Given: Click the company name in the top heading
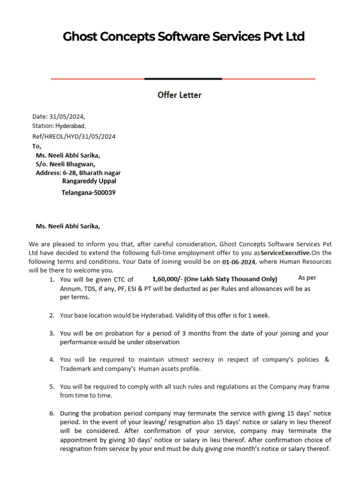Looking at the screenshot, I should pos(183,37).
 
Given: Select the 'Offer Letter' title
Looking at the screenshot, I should pos(180,95).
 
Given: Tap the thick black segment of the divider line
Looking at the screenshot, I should pos(183,79).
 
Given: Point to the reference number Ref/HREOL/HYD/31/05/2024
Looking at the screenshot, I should pos(74,136).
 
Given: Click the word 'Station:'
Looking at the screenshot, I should pos(43,126).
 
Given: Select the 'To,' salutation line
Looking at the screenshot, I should pos(37,146).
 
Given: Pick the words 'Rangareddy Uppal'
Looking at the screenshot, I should pos(89,181).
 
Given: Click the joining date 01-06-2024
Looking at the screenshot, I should pos(239,262).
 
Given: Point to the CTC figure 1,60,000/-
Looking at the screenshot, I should pos(167,279).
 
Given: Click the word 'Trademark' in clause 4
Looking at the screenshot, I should pos(77,369).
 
